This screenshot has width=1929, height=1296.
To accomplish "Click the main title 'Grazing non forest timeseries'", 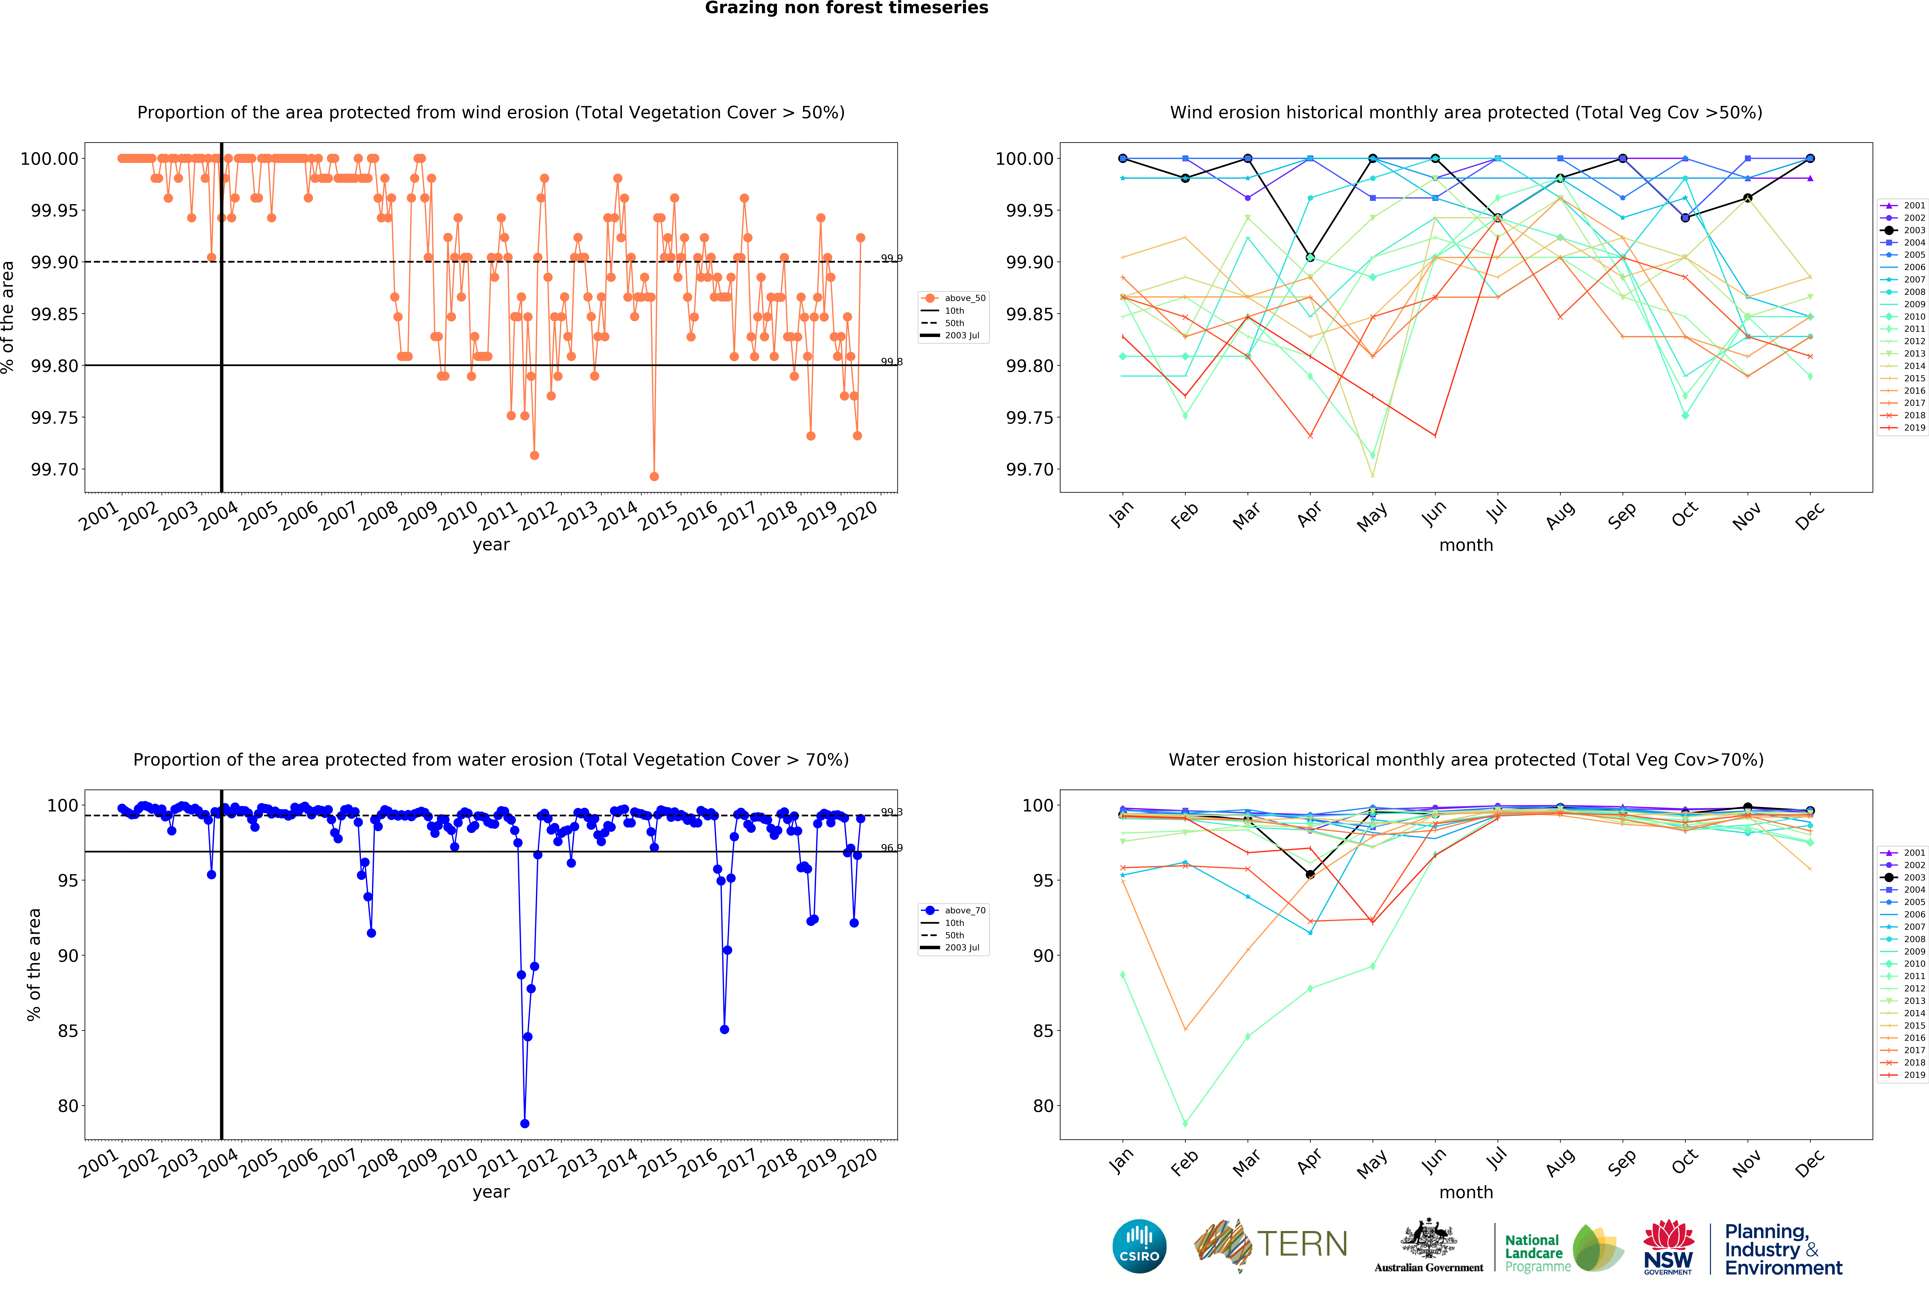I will coord(846,8).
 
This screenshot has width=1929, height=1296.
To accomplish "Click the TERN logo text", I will coord(1302,1244).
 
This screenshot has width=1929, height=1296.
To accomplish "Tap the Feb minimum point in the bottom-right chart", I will coord(1185,1124).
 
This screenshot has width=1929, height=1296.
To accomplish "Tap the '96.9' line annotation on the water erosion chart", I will coord(891,848).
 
